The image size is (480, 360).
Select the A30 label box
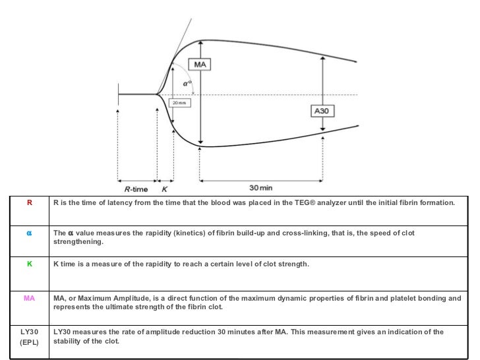tap(321, 111)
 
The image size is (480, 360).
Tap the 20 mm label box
tap(178, 103)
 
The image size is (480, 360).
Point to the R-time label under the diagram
tap(136, 188)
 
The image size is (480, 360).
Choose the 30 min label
tap(261, 188)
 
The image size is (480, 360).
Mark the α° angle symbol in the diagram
tap(187, 84)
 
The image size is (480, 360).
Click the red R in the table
tap(29, 203)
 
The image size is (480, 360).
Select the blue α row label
tap(29, 233)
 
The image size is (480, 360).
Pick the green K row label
tap(29, 264)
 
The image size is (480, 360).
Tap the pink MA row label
tap(29, 299)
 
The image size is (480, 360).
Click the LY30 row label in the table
tap(29, 332)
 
